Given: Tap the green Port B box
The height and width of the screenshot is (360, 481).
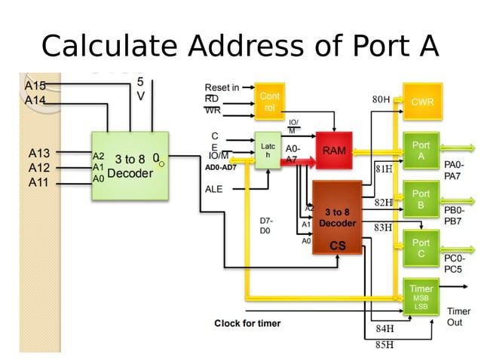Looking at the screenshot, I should [x=421, y=199].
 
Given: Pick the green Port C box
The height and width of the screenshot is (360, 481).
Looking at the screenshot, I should [x=421, y=248].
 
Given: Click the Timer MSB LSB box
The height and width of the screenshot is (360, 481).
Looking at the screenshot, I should [x=421, y=297].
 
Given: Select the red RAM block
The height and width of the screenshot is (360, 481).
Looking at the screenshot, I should [x=334, y=151].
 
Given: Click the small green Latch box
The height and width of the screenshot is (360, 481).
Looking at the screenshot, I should [x=268, y=150].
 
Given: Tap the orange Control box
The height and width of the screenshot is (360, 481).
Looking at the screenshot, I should [x=269, y=102].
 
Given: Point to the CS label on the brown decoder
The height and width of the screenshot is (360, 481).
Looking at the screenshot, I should [x=338, y=246].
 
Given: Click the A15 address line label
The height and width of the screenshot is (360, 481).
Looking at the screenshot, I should [x=35, y=86].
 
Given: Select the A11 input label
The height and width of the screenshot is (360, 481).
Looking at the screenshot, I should [x=39, y=182].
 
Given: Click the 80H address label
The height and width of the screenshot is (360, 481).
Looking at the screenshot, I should [x=381, y=99].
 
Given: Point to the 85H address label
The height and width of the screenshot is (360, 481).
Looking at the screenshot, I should [x=384, y=345].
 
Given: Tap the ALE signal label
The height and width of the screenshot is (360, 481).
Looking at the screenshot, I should [x=214, y=189].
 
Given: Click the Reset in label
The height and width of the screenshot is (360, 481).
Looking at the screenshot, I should [x=222, y=87].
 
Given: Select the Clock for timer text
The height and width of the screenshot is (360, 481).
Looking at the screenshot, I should [x=247, y=324].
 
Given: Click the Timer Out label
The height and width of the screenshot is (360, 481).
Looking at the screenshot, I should [x=458, y=316].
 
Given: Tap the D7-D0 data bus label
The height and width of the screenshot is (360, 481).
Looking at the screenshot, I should [x=266, y=225].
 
